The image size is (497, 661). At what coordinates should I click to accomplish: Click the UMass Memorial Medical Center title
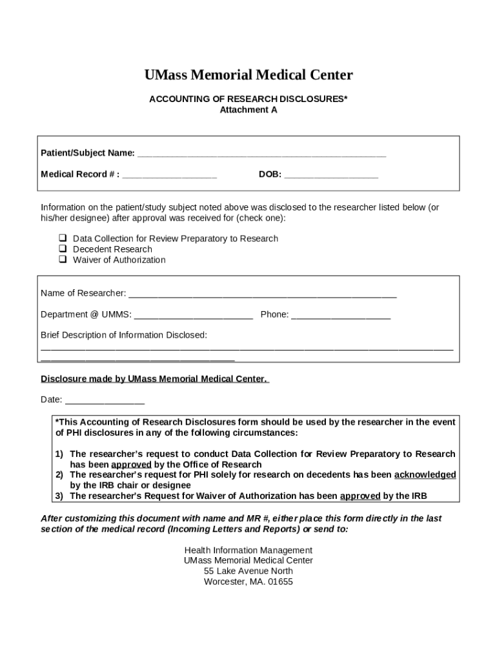(249, 76)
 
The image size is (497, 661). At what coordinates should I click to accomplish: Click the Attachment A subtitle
(249, 110)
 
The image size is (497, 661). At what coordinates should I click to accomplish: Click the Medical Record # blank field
(170, 175)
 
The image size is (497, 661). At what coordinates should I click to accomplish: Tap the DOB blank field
(330, 175)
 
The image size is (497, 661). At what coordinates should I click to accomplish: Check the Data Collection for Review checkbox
(63, 238)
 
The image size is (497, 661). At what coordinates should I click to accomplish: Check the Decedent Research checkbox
(63, 249)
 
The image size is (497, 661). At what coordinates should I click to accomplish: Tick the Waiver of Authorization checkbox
(63, 259)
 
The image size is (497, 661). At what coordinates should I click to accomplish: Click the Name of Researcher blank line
(262, 294)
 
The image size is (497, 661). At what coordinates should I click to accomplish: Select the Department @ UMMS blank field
(194, 315)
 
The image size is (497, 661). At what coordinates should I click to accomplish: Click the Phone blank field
(341, 315)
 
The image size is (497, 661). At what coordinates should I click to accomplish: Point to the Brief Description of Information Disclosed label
(124, 335)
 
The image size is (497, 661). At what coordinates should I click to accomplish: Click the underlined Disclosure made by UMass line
(154, 379)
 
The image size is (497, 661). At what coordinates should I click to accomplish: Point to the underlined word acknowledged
(425, 474)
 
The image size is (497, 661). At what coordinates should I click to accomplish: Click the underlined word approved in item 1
(131, 464)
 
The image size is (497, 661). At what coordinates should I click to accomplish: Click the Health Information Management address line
(249, 550)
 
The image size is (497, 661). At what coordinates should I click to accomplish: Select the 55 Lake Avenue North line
(249, 571)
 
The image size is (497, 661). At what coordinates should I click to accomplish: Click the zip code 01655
(278, 581)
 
